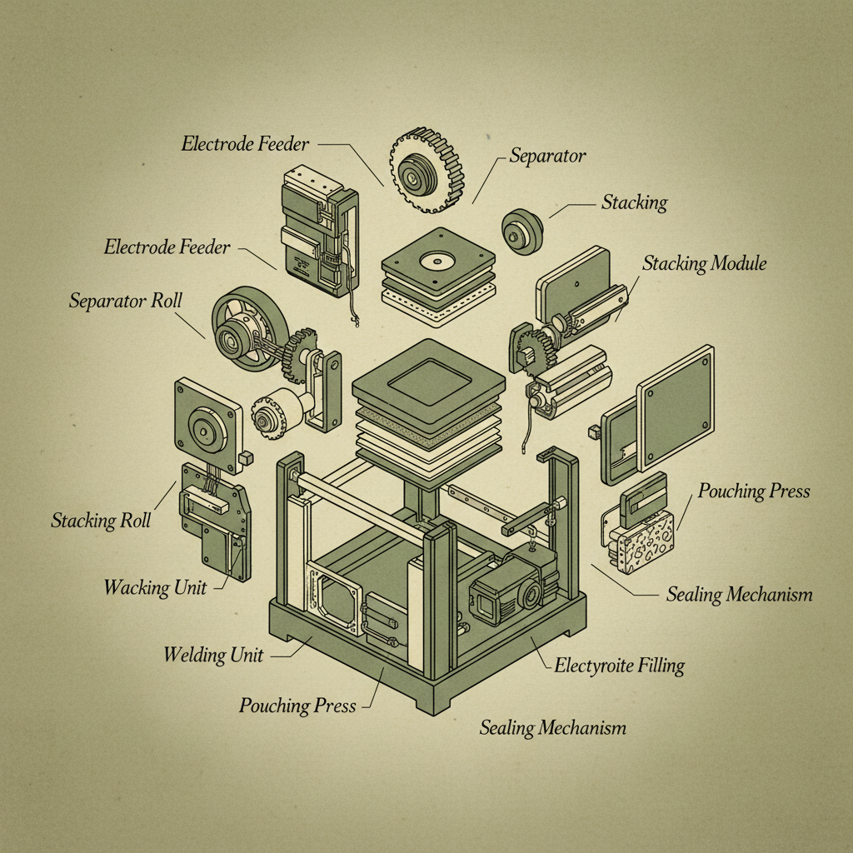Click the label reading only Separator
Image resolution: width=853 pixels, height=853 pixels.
[547, 156]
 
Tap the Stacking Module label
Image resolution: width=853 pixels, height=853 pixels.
[704, 264]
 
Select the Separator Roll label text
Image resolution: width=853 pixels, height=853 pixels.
[125, 301]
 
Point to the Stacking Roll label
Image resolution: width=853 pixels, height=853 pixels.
[101, 521]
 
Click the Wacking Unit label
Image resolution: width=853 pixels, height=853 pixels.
[155, 587]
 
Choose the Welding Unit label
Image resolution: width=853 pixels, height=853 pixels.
[213, 655]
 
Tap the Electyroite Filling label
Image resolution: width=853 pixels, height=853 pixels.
[619, 666]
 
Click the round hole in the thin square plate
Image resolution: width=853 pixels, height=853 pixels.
[437, 262]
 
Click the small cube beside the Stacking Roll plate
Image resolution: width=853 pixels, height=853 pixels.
[247, 457]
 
